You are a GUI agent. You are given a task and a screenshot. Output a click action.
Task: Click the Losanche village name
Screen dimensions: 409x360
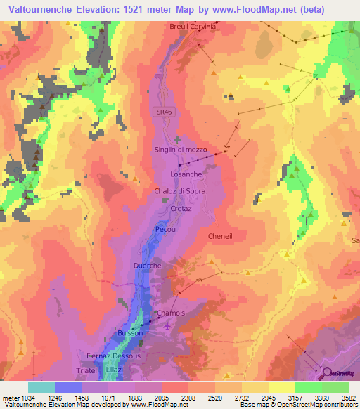pyautogui.click(x=186, y=174)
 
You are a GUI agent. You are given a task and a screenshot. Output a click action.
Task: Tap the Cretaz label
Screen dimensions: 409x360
pyautogui.click(x=181, y=209)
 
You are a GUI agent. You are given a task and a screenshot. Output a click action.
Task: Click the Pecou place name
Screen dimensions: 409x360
pyautogui.click(x=166, y=230)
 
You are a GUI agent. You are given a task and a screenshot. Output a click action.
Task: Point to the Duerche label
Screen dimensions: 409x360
pyautogui.click(x=148, y=266)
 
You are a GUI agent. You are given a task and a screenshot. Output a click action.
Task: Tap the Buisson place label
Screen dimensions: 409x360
pyautogui.click(x=130, y=332)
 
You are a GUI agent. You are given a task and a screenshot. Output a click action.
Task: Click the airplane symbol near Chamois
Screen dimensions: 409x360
pyautogui.click(x=166, y=325)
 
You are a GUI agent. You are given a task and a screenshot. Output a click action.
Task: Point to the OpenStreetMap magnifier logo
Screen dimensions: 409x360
pyautogui.click(x=327, y=372)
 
